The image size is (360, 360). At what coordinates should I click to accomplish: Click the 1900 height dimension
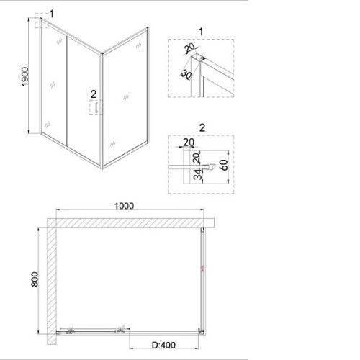[25, 76]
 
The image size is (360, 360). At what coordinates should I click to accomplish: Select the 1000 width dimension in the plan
[124, 206]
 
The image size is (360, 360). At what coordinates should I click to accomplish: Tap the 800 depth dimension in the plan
[35, 279]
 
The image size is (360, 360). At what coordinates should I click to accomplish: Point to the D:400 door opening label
[163, 346]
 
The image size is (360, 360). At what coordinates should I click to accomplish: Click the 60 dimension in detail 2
[224, 165]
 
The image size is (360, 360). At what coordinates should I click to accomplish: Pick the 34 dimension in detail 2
[198, 174]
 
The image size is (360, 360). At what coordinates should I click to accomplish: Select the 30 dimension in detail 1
[186, 74]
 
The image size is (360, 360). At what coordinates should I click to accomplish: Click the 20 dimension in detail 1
[190, 48]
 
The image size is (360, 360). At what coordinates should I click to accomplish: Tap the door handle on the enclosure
[96, 107]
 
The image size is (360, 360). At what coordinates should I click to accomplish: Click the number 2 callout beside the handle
[94, 94]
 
